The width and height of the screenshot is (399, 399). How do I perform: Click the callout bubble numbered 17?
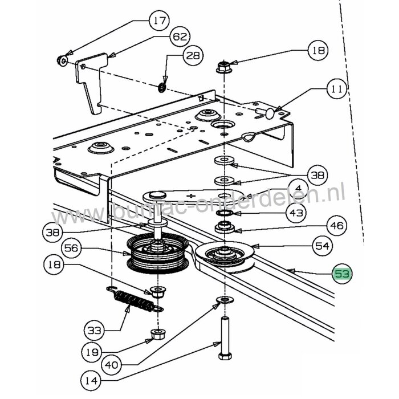[x=158, y=22]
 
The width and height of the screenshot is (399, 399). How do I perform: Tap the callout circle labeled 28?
[x=193, y=56]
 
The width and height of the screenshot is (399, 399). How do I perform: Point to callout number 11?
[x=336, y=89]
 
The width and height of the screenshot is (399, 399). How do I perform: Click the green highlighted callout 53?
[x=342, y=275]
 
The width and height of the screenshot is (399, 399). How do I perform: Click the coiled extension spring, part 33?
[x=133, y=301]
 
